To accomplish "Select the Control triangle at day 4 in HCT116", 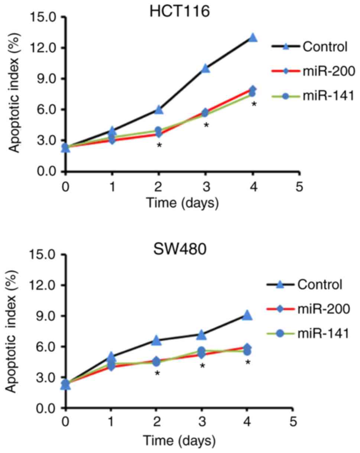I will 253,38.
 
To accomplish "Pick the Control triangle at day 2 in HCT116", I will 159,110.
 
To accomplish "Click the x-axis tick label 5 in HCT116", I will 299,186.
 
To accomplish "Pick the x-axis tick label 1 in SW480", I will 111,423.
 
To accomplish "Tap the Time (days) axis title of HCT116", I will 182,203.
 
